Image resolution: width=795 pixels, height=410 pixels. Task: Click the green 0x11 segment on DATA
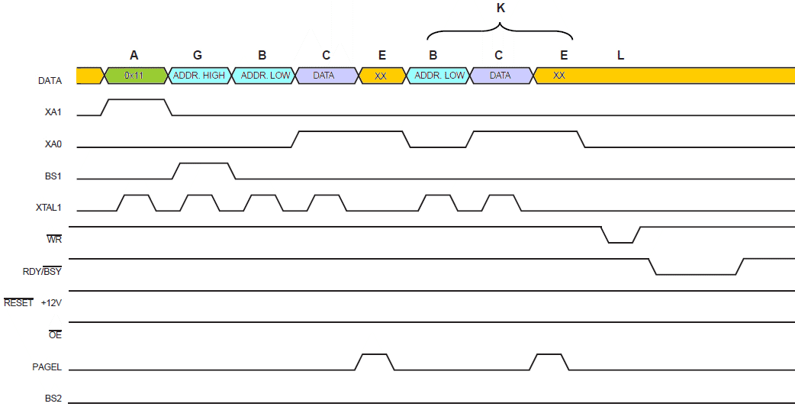(134, 76)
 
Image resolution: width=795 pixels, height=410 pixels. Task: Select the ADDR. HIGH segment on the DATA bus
(198, 76)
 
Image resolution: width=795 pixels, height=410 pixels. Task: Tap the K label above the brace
(500, 8)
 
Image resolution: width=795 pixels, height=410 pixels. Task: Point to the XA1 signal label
(53, 112)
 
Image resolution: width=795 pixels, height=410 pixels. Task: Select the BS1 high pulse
(203, 163)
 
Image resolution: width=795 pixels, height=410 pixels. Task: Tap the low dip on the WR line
(620, 242)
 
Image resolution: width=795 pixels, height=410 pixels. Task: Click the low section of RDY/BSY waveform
(695, 273)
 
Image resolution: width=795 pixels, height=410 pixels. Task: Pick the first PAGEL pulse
(374, 355)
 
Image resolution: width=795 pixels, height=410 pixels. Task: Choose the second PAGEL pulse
(549, 355)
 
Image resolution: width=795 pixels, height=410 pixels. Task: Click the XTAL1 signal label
(48, 207)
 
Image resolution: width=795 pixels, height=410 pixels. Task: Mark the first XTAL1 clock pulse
(136, 196)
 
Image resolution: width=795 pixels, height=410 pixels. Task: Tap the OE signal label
(54, 334)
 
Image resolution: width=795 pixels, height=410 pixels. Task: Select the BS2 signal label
(53, 399)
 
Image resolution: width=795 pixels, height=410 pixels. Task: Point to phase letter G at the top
(198, 55)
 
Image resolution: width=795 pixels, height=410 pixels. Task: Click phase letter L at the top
(620, 55)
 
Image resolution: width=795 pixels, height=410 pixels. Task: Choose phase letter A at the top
(134, 55)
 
